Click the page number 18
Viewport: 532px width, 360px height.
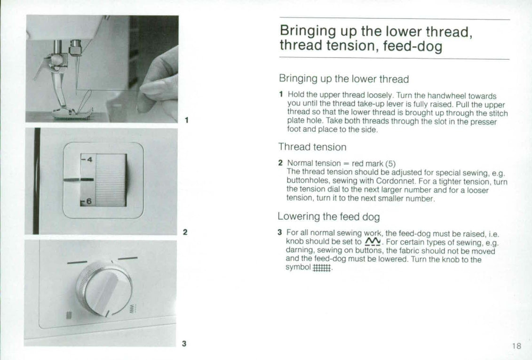pos(516,346)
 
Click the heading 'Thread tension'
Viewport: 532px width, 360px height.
pos(312,147)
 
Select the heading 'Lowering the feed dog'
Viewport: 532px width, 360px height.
pos(328,216)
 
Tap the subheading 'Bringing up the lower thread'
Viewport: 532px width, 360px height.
pos(343,79)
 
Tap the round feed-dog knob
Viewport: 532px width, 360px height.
pos(104,288)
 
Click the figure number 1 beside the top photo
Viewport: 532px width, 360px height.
pos(187,120)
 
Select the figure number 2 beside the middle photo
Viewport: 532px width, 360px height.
pos(185,232)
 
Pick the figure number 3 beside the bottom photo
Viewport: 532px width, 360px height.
pos(184,344)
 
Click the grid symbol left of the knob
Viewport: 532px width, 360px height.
pos(68,316)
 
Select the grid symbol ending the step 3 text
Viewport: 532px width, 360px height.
pos(322,267)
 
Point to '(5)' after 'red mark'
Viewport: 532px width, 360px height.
pos(390,163)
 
